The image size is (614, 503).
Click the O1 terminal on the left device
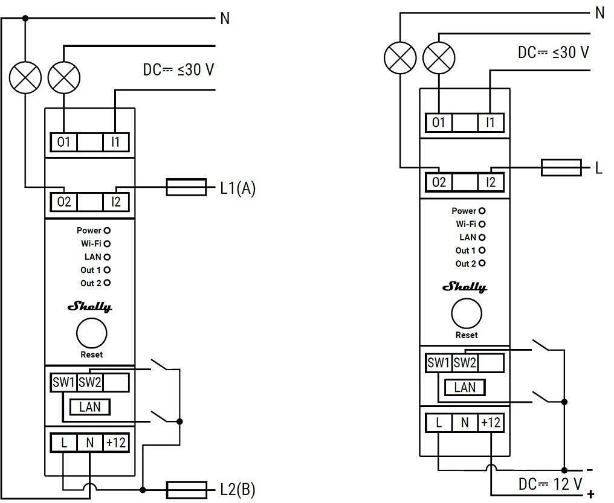tap(64, 142)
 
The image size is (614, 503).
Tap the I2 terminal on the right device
tap(491, 182)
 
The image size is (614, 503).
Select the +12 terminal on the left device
tap(116, 443)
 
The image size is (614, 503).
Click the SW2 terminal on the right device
tap(465, 362)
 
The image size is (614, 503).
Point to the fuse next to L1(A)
tap(186, 187)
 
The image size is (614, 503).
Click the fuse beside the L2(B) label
tap(186, 490)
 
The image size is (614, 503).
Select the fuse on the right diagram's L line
tap(561, 167)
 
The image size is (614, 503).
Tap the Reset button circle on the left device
tap(92, 333)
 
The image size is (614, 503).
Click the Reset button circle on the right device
tap(467, 313)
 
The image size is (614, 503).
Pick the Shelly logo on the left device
tap(89, 307)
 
